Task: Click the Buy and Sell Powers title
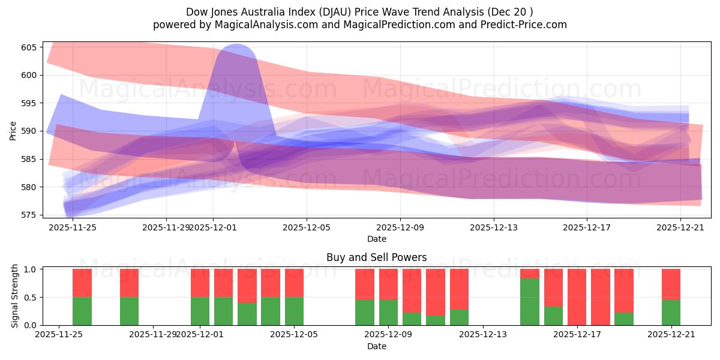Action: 376,257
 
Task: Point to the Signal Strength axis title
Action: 15,297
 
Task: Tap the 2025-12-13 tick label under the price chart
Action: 494,228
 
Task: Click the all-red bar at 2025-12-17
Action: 577,297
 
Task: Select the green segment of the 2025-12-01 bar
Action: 200,311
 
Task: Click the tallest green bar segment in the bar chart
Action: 530,302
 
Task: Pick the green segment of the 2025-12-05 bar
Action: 294,311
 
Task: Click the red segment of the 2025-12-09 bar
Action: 388,284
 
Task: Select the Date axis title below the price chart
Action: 376,239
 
